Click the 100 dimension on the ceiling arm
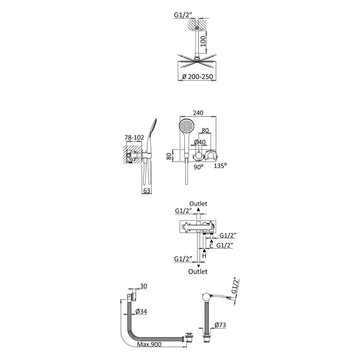[204, 41]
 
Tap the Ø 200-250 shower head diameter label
[198, 77]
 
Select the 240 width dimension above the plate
[198, 113]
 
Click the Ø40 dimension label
[200, 142]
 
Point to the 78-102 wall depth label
[134, 138]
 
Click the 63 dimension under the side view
[147, 190]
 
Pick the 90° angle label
[198, 167]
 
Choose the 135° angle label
[220, 166]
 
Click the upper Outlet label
[198, 204]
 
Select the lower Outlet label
[198, 272]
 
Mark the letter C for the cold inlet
[211, 246]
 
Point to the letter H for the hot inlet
[204, 256]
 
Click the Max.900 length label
[149, 344]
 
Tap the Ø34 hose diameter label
[141, 311]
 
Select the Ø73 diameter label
[220, 325]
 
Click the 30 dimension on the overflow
[143, 286]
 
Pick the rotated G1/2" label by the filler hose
[235, 286]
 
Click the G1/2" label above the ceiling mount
[183, 15]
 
